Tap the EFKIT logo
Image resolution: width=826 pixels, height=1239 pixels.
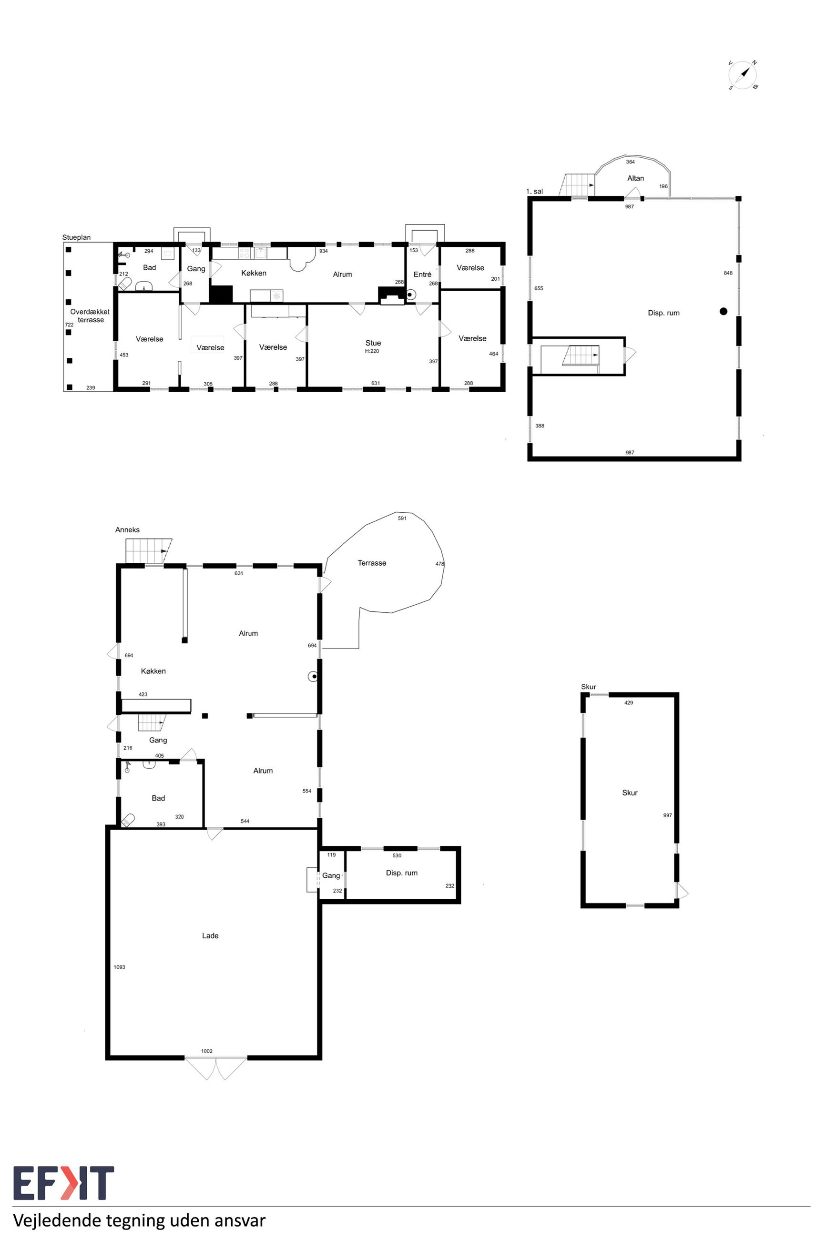63,1183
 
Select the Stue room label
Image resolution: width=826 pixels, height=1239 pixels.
373,343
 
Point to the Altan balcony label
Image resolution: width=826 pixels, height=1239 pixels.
635,178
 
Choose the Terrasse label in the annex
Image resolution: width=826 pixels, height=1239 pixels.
372,563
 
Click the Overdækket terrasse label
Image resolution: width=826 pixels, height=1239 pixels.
90,315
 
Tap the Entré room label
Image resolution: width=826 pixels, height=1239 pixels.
422,274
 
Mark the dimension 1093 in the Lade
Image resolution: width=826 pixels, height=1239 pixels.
120,967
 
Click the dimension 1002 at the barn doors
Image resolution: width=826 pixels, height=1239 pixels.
206,1051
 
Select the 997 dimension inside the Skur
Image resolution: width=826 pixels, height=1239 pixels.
667,815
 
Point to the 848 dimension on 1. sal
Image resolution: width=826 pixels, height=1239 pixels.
728,273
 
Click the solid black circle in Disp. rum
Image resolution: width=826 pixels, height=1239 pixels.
723,311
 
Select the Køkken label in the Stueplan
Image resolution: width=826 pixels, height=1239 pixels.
254,273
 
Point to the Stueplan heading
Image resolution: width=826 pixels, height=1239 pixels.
76,237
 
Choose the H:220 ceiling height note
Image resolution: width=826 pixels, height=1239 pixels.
372,351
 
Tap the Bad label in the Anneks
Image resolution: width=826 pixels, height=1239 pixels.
158,798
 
